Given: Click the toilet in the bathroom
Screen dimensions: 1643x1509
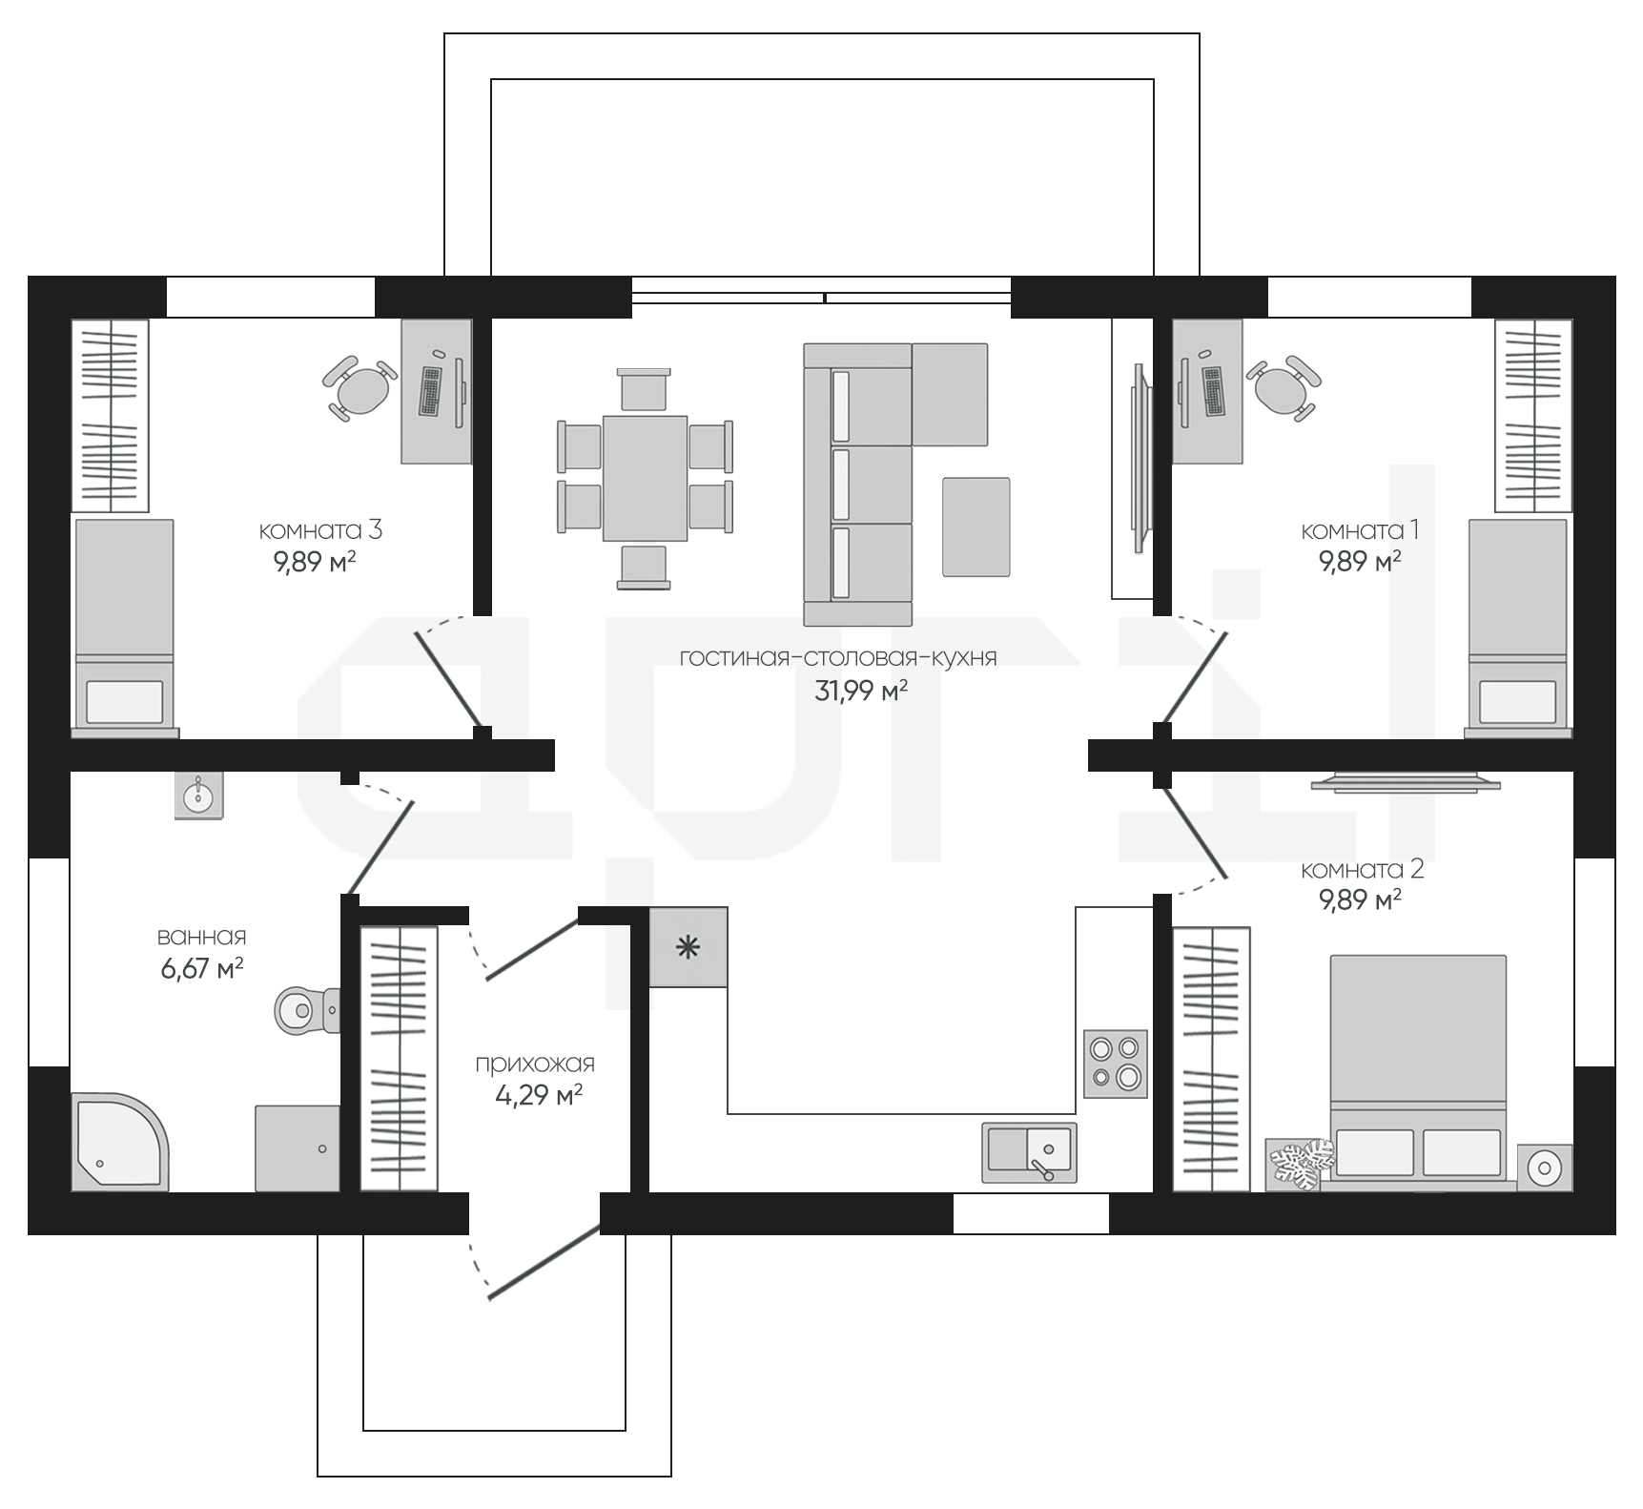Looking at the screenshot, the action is click(x=307, y=1007).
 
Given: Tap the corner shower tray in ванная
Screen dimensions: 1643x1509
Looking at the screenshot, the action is click(x=120, y=1141).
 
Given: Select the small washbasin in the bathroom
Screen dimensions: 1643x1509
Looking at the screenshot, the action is click(x=199, y=795).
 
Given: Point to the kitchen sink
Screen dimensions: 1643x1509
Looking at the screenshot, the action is click(x=1029, y=1151).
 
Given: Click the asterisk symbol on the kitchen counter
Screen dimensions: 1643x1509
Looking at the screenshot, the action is click(x=688, y=948).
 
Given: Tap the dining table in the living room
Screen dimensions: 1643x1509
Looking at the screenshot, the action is click(x=645, y=478).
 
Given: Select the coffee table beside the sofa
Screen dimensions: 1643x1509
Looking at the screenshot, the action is click(x=976, y=527).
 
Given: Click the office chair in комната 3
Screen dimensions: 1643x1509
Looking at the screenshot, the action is click(x=359, y=387).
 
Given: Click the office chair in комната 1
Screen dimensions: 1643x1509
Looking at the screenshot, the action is click(x=1284, y=387).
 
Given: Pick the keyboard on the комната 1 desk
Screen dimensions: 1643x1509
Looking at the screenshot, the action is click(x=1213, y=391).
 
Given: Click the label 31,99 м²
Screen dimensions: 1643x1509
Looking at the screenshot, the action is click(x=860, y=691).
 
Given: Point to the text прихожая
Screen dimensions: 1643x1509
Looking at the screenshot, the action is click(x=535, y=1064).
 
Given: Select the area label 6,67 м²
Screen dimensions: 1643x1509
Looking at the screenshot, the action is click(x=201, y=969).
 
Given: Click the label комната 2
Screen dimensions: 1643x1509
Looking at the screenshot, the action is click(x=1362, y=869).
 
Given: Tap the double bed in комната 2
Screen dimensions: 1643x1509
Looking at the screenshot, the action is click(x=1418, y=1068).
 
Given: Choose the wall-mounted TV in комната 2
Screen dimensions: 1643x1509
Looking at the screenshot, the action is click(x=1406, y=783).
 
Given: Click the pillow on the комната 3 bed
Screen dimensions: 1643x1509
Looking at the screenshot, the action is click(x=124, y=701).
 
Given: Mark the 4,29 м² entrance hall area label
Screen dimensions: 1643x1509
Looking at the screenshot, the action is click(x=539, y=1095).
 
